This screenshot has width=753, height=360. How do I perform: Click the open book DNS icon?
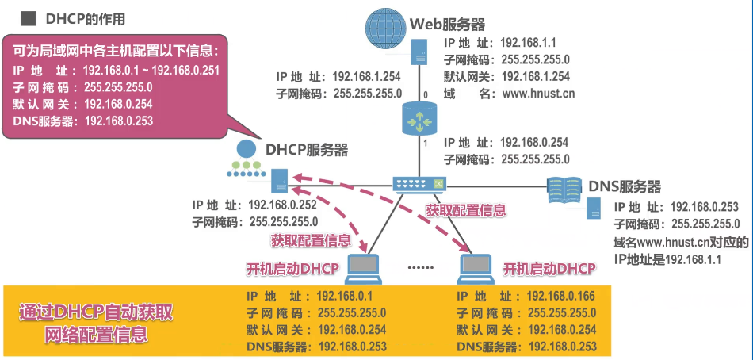click(x=565, y=189)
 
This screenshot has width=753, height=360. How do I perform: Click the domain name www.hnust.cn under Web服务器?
click(x=539, y=94)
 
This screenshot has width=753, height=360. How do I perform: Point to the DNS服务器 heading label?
click(x=625, y=187)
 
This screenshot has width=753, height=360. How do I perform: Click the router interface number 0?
click(x=425, y=95)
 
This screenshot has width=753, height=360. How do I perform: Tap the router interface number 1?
click(x=426, y=144)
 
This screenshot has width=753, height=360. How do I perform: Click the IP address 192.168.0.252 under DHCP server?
click(x=282, y=205)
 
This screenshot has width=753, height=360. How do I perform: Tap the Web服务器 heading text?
click(x=447, y=25)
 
